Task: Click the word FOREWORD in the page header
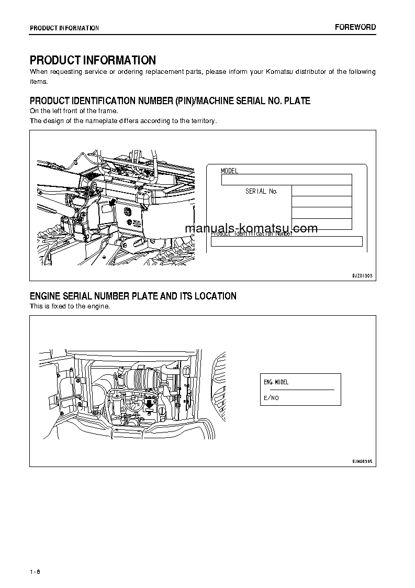pos(355,27)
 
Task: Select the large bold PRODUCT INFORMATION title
pos(93,60)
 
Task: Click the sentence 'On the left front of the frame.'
pos(74,111)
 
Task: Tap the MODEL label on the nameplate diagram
pos(229,171)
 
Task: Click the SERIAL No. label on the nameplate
pos(261,192)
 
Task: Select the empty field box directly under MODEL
pos(286,180)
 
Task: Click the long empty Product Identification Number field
pos(286,241)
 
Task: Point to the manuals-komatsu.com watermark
pos(251,229)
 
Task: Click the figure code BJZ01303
pos(362,275)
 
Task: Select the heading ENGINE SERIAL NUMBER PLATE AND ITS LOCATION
pos(133,296)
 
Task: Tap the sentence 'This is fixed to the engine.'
pos(70,306)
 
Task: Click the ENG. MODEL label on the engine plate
pos(276,382)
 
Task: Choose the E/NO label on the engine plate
pos(271,398)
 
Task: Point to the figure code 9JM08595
pos(362,462)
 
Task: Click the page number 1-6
pos(35,571)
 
